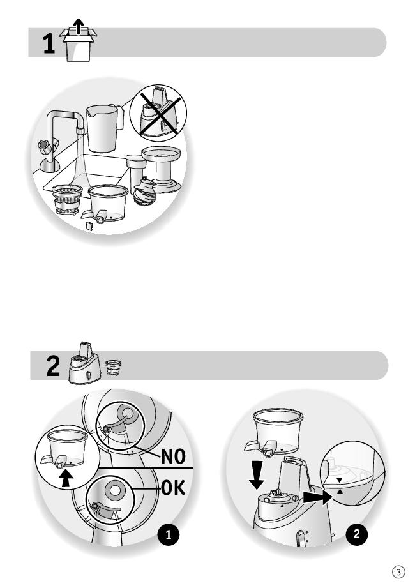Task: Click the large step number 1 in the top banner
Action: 49,43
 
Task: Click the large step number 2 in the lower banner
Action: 53,366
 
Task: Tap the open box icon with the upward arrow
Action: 78,40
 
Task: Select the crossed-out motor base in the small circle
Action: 158,114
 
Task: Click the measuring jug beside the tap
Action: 104,128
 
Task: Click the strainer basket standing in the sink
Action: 68,199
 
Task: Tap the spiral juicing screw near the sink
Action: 145,192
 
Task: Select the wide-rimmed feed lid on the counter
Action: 161,169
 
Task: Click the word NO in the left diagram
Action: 173,456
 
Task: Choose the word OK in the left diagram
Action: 173,488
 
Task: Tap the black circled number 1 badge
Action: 169,534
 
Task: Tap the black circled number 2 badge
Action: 356,534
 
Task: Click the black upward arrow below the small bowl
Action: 66,479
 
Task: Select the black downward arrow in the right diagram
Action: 257,475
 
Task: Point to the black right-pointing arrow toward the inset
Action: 318,497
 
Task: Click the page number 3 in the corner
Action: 398,572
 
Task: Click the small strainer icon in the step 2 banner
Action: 113,368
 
